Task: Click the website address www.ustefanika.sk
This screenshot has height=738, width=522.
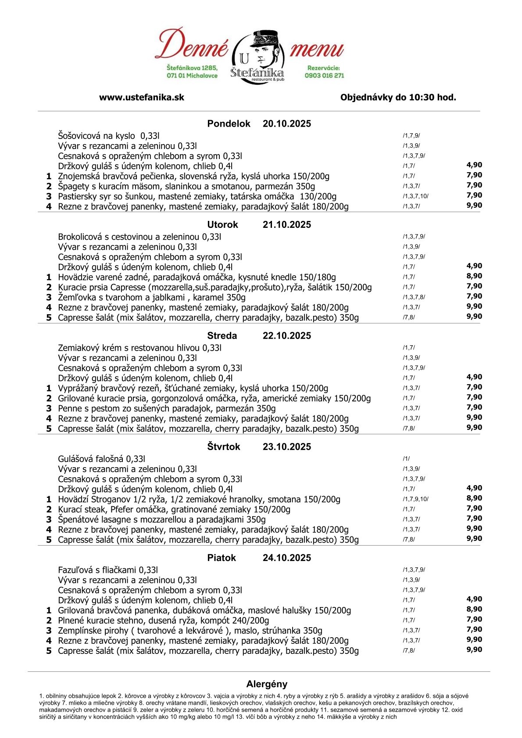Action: [x=141, y=97]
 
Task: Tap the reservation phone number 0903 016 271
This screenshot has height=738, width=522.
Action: [x=324, y=75]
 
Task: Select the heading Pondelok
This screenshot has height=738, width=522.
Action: [x=229, y=124]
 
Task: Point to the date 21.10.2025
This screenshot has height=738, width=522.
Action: [x=286, y=225]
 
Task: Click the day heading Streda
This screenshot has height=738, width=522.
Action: [x=222, y=336]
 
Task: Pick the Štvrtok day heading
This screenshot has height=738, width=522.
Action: [x=224, y=447]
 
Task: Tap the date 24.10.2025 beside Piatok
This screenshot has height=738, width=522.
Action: [x=286, y=558]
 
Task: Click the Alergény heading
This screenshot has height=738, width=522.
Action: [x=267, y=684]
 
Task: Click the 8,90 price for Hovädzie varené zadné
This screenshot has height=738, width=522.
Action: [x=474, y=276]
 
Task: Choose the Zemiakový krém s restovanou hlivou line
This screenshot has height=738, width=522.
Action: [x=139, y=348]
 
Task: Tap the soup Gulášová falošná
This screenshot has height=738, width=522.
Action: [x=101, y=459]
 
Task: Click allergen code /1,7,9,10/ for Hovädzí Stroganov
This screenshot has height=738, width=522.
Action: [x=415, y=499]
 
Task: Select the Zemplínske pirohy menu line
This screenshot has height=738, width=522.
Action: [x=190, y=631]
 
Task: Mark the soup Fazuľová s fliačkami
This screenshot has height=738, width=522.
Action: [x=107, y=570]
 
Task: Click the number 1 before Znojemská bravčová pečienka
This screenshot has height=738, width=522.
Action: [x=49, y=176]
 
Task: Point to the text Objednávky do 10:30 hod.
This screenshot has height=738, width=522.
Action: [x=398, y=97]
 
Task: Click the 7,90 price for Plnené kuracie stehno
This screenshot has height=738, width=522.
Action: [x=474, y=619]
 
